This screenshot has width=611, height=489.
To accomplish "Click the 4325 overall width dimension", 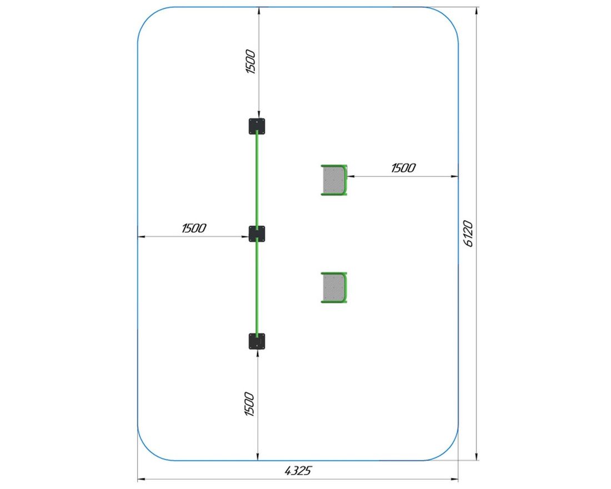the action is pos(298,471).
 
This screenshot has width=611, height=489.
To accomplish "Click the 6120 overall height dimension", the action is pos(468,233).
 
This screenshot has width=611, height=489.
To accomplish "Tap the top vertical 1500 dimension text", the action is pos(251,62).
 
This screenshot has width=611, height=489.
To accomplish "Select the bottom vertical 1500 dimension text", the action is pos(249,404).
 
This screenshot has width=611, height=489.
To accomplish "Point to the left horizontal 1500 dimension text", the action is pos(194,228).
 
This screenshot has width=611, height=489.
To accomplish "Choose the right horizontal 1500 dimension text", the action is pos(403,168).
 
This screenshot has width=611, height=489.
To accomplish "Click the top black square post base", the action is pos(257,126).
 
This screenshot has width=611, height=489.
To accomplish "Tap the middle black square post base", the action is pos(257,233).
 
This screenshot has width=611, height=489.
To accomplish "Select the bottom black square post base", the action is pos(257,341).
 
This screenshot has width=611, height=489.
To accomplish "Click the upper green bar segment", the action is pos(257,180).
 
